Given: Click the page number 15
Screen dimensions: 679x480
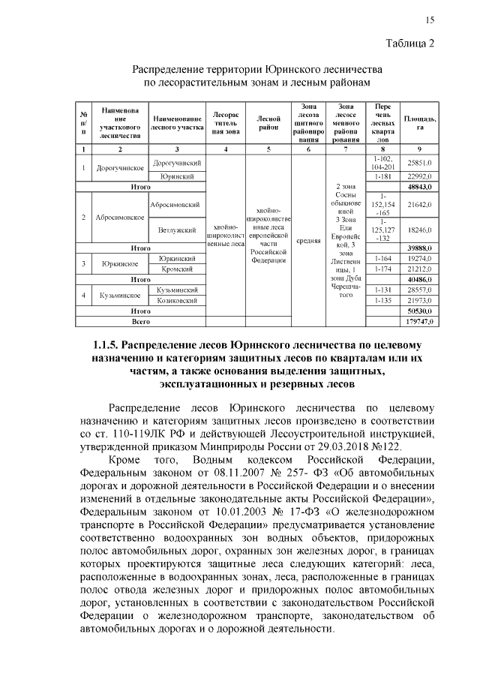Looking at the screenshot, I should tap(430, 20).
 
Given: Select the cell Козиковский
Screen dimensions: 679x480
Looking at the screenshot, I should tap(177, 299).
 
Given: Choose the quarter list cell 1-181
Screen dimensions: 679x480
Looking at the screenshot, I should tap(382, 176).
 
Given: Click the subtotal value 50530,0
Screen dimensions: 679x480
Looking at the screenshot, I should tap(418, 310).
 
